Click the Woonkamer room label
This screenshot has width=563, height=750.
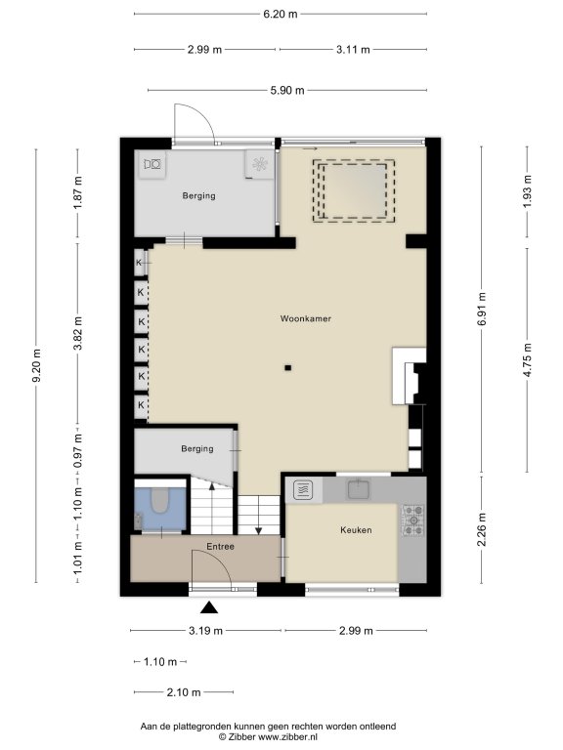tap(305, 318)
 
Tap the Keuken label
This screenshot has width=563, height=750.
tap(356, 530)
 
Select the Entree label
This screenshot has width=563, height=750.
tap(220, 546)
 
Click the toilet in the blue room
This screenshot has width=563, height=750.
tap(160, 501)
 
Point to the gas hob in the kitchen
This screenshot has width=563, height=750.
tap(412, 520)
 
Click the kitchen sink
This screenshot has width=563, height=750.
tap(359, 489)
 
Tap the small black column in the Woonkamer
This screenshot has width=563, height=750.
tap(287, 368)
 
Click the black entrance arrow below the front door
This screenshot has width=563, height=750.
tap(209, 607)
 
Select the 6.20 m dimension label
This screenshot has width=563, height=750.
tap(281, 14)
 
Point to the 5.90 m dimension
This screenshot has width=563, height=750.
tap(287, 91)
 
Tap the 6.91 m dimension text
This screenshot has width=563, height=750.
tap(482, 310)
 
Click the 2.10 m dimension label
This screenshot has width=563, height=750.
tap(184, 692)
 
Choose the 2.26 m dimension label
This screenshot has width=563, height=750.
tap(482, 529)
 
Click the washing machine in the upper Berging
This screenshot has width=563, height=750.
tap(152, 165)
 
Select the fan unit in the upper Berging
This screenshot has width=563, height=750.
tap(260, 164)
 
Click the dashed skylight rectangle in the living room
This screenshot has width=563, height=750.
tap(354, 190)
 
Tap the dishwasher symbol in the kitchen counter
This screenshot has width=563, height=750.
tap(303, 490)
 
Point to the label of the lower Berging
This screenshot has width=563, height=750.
tap(197, 448)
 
